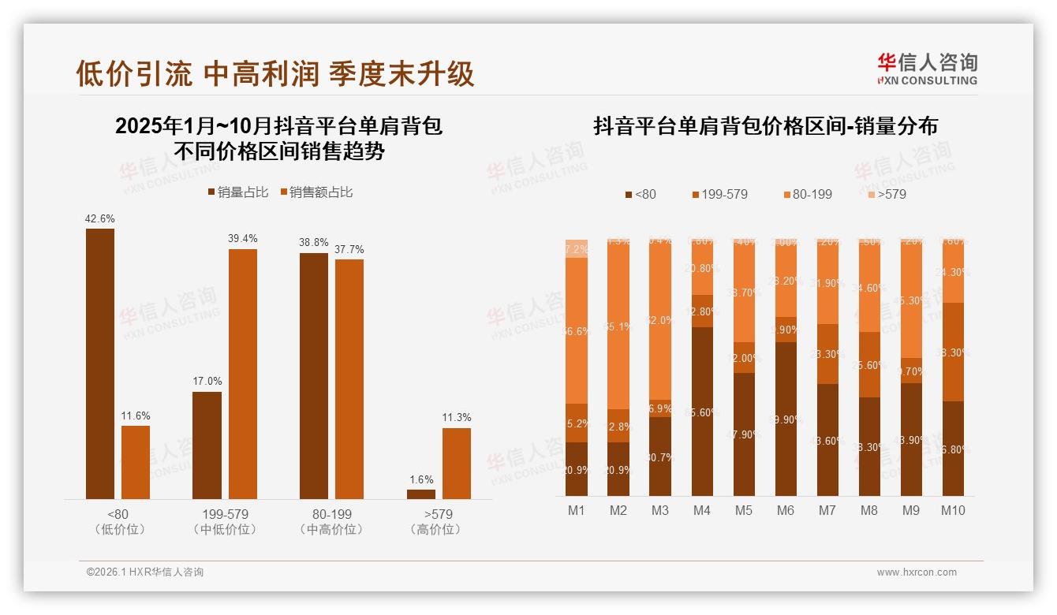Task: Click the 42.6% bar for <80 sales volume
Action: pos(100,363)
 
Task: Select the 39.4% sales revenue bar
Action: pos(243,374)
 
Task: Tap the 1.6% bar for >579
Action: pos(421,494)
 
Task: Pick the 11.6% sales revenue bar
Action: pos(136,462)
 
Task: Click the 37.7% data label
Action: pos(349,250)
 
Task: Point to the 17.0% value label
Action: pos(207,382)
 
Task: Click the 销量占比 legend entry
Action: pos(238,192)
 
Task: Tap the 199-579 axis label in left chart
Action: pos(225,515)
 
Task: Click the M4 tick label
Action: pos(702,511)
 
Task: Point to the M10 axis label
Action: pos(953,511)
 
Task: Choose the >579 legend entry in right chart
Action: pos(886,194)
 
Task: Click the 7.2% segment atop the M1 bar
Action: pos(577,248)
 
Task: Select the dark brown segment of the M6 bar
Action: pos(786,419)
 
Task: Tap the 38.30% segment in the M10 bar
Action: pos(953,352)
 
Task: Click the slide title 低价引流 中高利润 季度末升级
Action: pos(275,73)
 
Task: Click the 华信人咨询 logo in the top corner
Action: pos(927,69)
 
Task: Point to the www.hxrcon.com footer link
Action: pos(917,572)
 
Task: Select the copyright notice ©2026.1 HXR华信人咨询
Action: pos(145,572)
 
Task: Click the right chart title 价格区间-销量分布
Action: pos(765,126)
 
